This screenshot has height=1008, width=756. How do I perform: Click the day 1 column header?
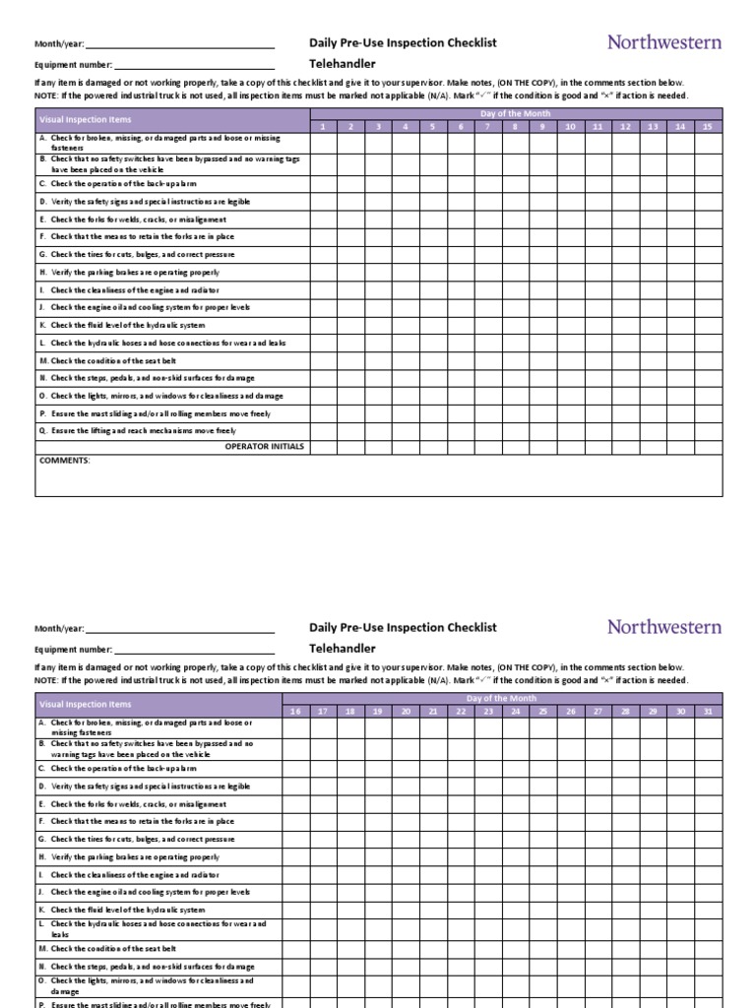coord(323,127)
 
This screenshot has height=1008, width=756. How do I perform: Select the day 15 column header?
coord(708,127)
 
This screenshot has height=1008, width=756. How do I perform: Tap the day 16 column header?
coord(295,711)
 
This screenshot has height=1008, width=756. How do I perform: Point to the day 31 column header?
coord(708,711)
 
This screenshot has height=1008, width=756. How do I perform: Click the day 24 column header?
coord(515,711)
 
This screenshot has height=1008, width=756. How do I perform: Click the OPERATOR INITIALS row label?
coord(265,446)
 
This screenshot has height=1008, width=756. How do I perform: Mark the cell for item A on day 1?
coord(323,143)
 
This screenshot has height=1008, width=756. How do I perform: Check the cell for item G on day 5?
coord(432,254)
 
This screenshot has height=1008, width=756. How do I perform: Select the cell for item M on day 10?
coord(570,360)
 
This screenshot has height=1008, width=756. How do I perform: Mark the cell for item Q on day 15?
coord(708,430)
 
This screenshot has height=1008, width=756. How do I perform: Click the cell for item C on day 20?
coord(406,768)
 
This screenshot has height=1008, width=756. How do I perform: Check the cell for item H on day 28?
coord(625,856)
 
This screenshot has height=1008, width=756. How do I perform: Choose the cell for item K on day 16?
coord(295,910)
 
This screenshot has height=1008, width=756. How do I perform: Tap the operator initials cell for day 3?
coord(377,446)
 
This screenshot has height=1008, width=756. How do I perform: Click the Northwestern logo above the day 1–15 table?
coord(663,42)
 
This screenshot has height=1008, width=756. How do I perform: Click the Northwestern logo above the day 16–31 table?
coord(663,626)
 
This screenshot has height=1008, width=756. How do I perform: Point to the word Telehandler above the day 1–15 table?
coord(343,64)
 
